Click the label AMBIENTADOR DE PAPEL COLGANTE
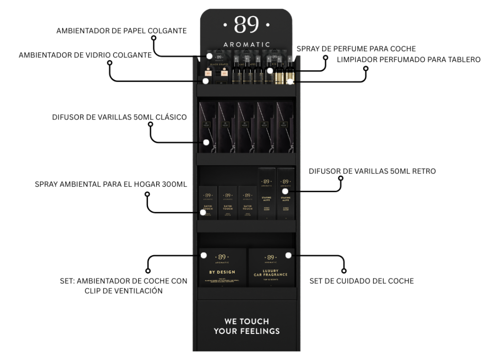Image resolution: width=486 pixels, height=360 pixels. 121,31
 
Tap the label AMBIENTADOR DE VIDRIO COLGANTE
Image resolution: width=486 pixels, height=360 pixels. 85,55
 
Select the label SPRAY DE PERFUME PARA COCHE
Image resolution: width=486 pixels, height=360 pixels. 356,48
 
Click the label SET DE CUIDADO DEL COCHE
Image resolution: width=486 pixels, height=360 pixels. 361,281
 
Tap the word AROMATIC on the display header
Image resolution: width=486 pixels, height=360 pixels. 246,44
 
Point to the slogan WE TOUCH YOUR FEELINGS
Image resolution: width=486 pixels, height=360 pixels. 246,326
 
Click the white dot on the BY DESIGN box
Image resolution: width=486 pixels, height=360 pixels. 203,255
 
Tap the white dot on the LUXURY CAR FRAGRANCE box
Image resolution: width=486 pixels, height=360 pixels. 288,255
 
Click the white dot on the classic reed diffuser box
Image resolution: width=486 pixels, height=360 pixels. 206,142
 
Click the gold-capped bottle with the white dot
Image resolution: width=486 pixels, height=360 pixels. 290,81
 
